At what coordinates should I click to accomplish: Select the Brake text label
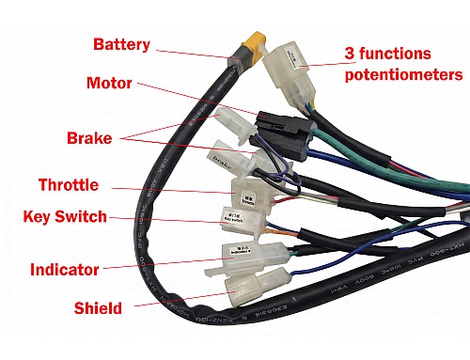(x=90, y=138)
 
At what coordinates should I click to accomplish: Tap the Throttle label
(x=71, y=183)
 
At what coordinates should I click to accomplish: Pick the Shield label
(x=99, y=306)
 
